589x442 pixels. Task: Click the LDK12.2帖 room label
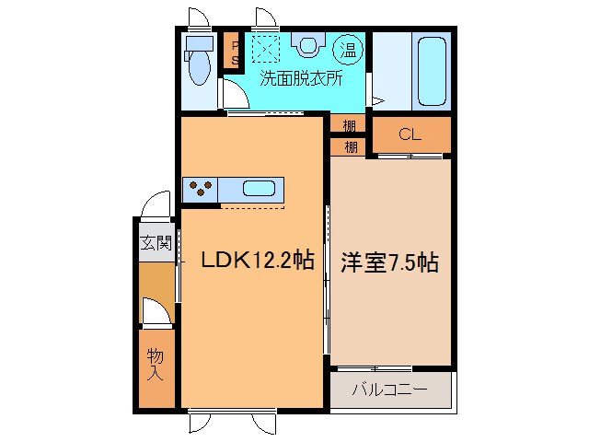(x=258, y=262)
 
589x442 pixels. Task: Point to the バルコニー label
(x=390, y=390)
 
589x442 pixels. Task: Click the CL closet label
(x=410, y=134)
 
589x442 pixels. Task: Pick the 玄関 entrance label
(x=156, y=244)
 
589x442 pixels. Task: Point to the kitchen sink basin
(x=260, y=190)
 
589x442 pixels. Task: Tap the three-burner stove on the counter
(x=200, y=189)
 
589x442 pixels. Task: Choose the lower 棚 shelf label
(x=351, y=146)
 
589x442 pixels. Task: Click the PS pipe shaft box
(x=235, y=52)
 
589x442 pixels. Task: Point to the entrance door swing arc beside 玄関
(x=156, y=204)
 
